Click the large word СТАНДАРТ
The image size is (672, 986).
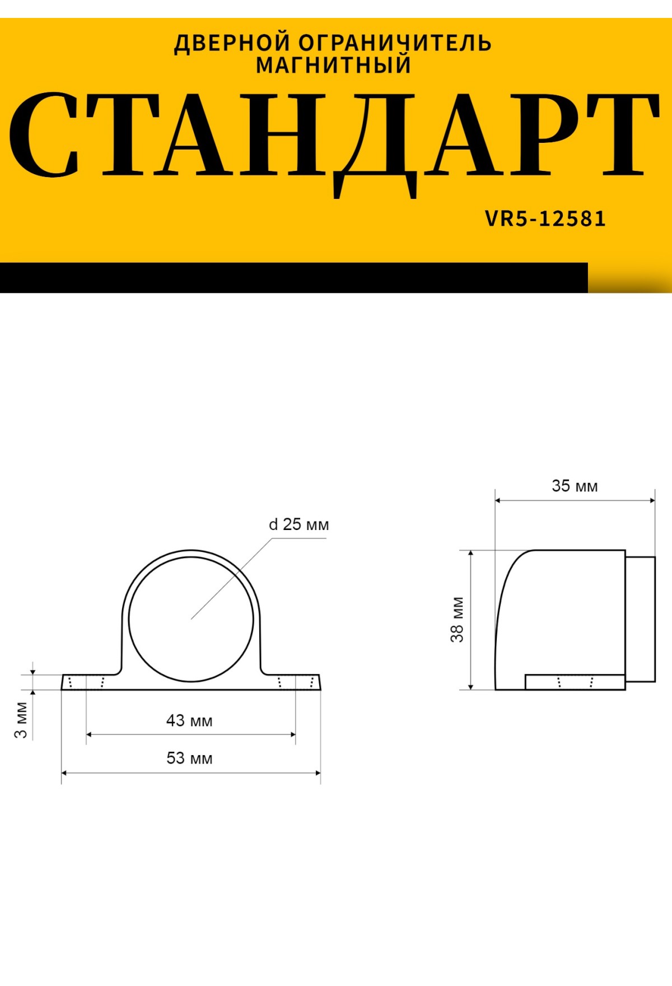pyautogui.click(x=334, y=137)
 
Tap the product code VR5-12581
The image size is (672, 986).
pyautogui.click(x=545, y=218)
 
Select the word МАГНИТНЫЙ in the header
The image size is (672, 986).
pyautogui.click(x=334, y=66)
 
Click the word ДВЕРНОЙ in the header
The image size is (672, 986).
pyautogui.click(x=232, y=43)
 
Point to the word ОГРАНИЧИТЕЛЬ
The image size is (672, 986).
pyautogui.click(x=395, y=43)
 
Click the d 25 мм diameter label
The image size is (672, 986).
pyautogui.click(x=299, y=524)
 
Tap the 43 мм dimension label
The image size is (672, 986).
pyautogui.click(x=189, y=720)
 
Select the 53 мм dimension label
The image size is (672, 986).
pyautogui.click(x=189, y=758)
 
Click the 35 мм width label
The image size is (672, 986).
pyautogui.click(x=575, y=486)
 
